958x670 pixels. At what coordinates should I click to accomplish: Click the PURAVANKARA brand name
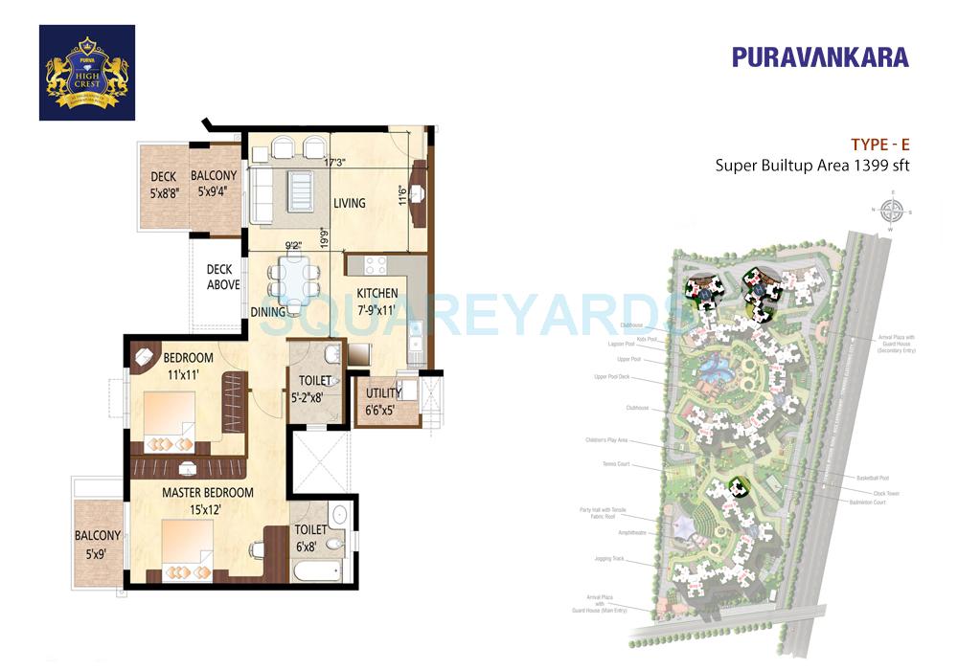click(x=820, y=56)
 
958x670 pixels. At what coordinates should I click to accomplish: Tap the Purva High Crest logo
click(x=87, y=73)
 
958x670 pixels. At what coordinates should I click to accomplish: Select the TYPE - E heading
click(x=879, y=145)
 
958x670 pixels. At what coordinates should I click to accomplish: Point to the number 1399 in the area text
click(x=866, y=165)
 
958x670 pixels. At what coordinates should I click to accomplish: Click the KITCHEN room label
click(x=378, y=293)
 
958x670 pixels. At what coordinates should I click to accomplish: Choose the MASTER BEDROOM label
click(x=207, y=493)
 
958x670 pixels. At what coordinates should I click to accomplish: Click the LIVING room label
click(x=350, y=203)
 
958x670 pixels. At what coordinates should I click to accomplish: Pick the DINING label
click(x=268, y=312)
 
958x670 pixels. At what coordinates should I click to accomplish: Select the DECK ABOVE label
click(x=223, y=277)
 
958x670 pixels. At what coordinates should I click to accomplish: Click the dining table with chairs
click(x=294, y=279)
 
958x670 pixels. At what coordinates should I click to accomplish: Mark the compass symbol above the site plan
click(x=892, y=211)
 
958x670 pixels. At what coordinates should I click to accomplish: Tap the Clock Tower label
click(x=886, y=493)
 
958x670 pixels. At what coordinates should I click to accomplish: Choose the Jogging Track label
click(x=609, y=558)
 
